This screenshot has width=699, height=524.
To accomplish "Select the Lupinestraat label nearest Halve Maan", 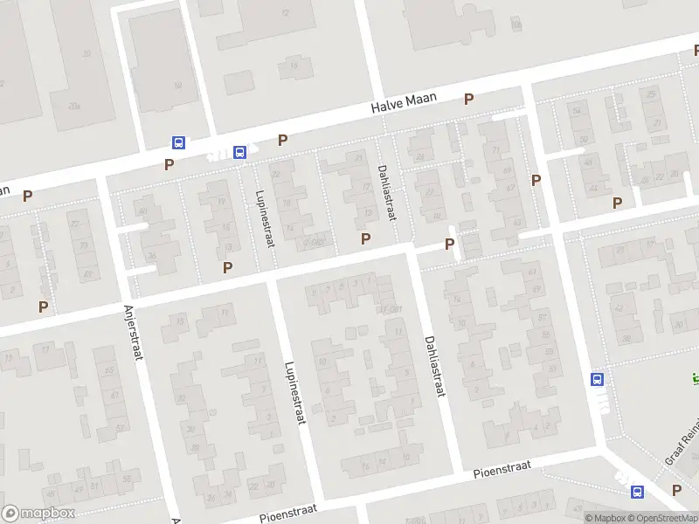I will [x=264, y=218].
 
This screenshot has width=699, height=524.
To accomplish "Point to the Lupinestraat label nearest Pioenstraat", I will [x=294, y=394].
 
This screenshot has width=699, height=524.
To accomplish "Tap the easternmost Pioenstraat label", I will [x=503, y=470].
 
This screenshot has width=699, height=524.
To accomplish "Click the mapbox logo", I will [x=38, y=514].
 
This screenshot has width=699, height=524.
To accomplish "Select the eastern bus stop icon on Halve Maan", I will [x=239, y=152].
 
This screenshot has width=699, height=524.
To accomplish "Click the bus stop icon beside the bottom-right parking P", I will [x=638, y=492].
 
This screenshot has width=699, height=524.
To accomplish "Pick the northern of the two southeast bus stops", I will [x=598, y=379].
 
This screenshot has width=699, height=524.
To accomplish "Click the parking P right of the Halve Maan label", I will [x=469, y=100].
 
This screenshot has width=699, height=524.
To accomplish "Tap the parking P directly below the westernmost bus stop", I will [x=170, y=163].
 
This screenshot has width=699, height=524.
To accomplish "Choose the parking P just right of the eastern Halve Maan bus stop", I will [x=282, y=140].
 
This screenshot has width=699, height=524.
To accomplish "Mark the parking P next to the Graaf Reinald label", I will [x=676, y=489].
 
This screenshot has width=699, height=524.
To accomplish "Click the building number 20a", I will [x=74, y=107].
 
